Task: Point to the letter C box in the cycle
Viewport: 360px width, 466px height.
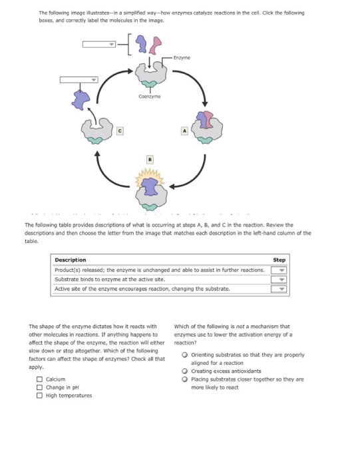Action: [x=120, y=130]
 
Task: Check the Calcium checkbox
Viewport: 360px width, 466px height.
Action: [x=40, y=380]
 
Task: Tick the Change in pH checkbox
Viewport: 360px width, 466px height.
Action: [x=40, y=387]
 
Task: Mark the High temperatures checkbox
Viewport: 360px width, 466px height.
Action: [x=40, y=395]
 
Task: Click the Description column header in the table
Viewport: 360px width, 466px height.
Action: [x=71, y=260]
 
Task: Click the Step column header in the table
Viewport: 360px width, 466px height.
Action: [x=279, y=260]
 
